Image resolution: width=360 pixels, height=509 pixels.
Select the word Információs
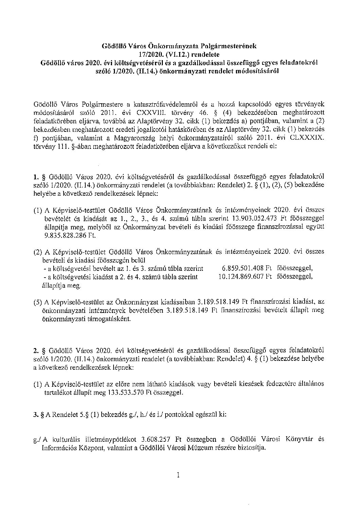coord(59,448)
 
